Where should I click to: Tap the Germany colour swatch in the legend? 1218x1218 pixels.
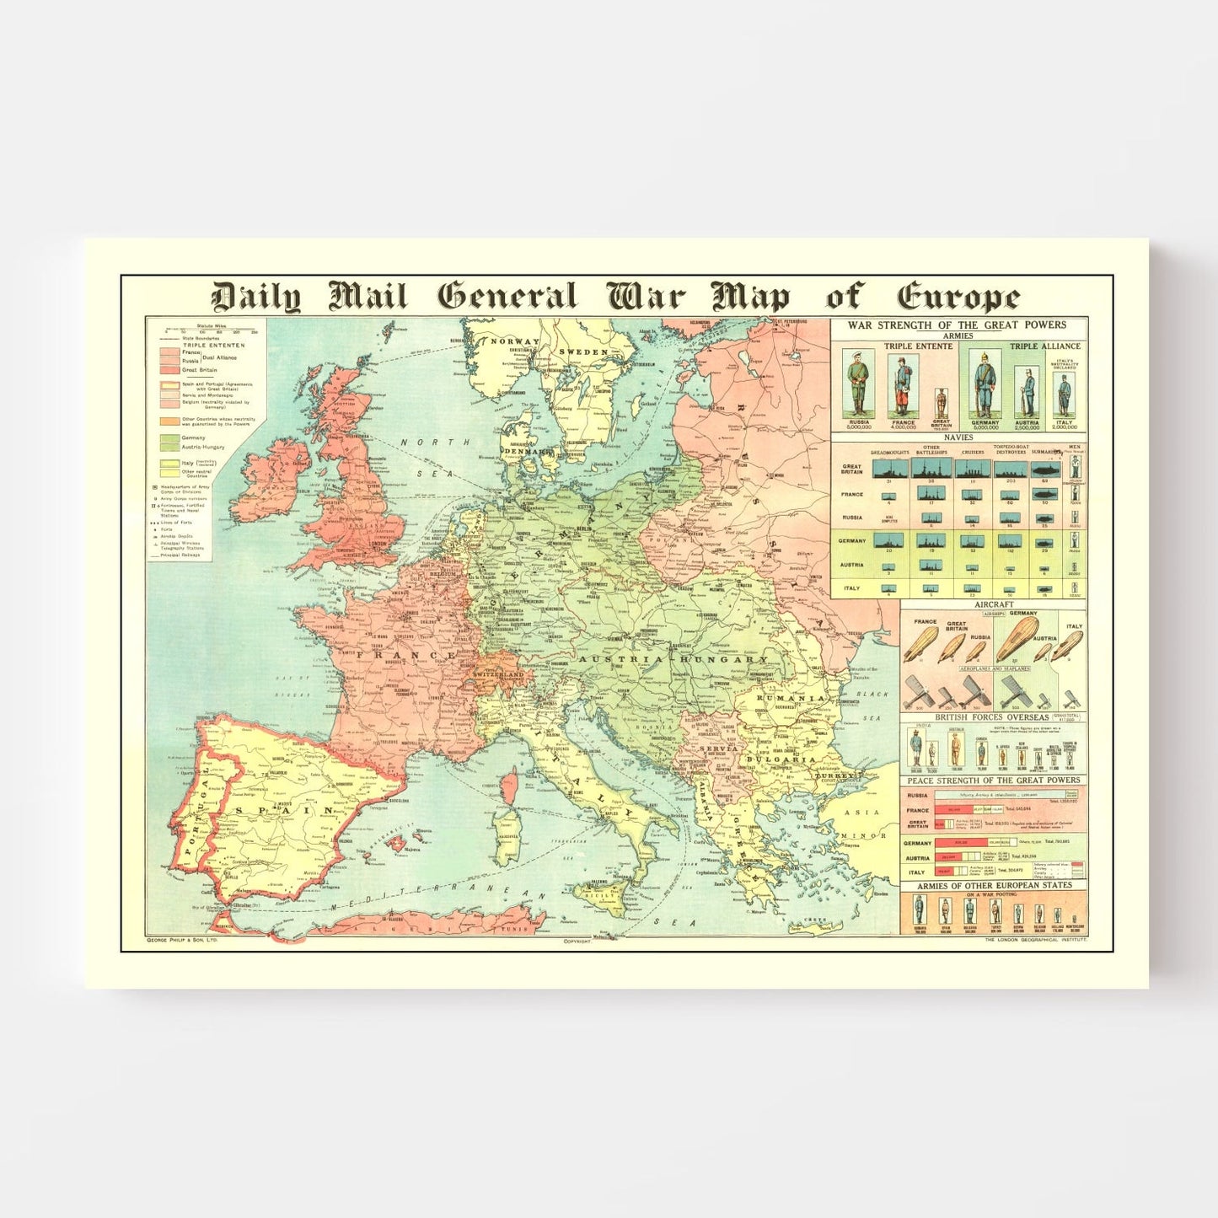169,438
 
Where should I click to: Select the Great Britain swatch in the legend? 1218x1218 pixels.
169,370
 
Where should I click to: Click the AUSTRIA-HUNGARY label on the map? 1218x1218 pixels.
674,659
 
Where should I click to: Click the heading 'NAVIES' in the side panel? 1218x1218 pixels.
958,437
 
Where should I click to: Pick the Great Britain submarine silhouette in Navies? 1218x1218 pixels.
1044,469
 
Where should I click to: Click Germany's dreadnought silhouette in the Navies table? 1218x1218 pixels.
888,540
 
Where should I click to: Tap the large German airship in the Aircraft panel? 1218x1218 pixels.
1018,639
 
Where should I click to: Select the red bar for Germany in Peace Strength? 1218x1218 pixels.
958,842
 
